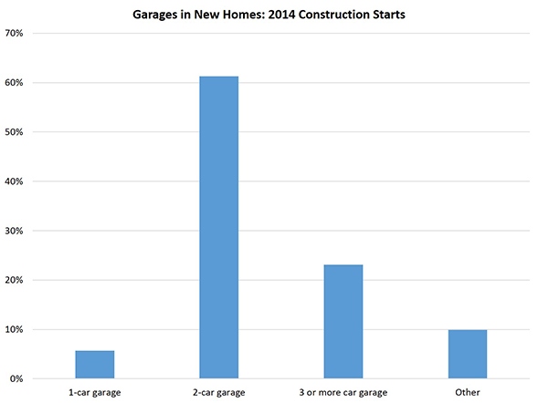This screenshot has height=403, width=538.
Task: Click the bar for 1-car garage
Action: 95,364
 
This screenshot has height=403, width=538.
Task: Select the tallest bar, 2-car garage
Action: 219,227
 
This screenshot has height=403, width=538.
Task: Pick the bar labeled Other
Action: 468,354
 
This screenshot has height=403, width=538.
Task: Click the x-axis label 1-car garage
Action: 95,392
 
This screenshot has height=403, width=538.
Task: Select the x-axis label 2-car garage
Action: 219,392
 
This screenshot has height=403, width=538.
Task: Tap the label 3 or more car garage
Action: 343,392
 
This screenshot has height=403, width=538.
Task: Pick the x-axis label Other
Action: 468,392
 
